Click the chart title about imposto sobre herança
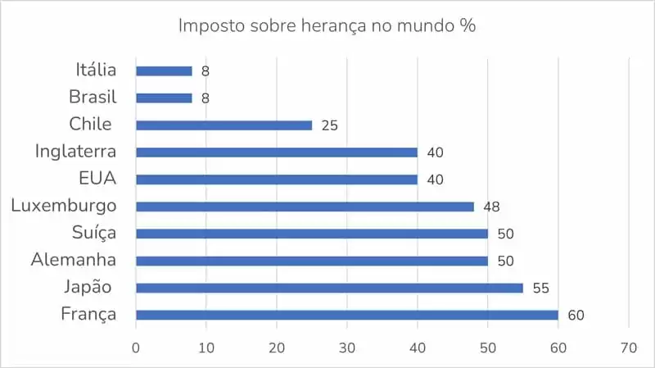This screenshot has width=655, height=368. pyautogui.click(x=327, y=25)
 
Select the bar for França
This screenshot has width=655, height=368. pyautogui.click(x=346, y=315)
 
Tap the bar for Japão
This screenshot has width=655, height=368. pyautogui.click(x=329, y=288)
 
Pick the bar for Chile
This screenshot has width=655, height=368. pyautogui.click(x=224, y=125)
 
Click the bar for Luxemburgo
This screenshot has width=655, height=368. pyautogui.click(x=305, y=207)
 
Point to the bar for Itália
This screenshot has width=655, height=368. pyautogui.click(x=164, y=71)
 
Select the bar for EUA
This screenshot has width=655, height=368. pyautogui.click(x=277, y=179)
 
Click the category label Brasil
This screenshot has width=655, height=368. pyautogui.click(x=93, y=98)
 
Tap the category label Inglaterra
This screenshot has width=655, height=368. pyautogui.click(x=75, y=152)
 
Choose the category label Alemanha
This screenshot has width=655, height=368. pyautogui.click(x=74, y=260)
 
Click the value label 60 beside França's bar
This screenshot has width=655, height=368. pyautogui.click(x=576, y=316)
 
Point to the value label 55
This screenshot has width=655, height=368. pyautogui.click(x=541, y=288)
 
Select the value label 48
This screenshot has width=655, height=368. pyautogui.click(x=491, y=207)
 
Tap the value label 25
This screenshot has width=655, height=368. pyautogui.click(x=329, y=126)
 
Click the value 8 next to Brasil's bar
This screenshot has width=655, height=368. pyautogui.click(x=206, y=98)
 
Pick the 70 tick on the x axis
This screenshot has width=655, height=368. pyautogui.click(x=629, y=347)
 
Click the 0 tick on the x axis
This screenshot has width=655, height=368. pyautogui.click(x=136, y=347)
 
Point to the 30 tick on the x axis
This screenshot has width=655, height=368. pyautogui.click(x=347, y=347)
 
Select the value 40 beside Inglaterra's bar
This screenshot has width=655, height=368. pyautogui.click(x=435, y=153)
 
